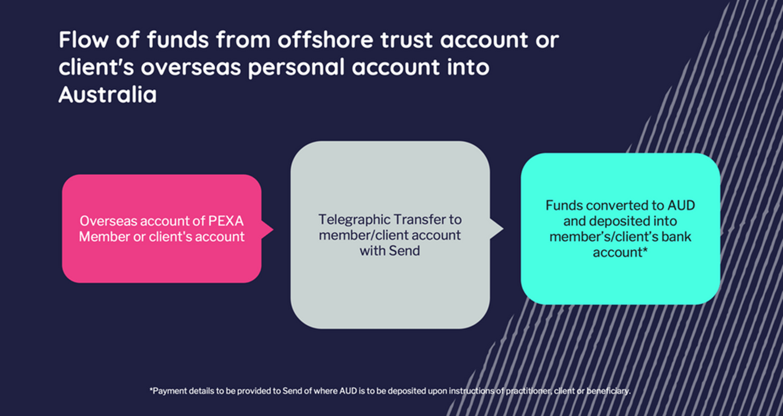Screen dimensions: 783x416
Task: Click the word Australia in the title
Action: pos(107,95)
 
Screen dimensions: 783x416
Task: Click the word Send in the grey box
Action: pos(405,250)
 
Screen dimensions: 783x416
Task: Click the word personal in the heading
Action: pos(296,68)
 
